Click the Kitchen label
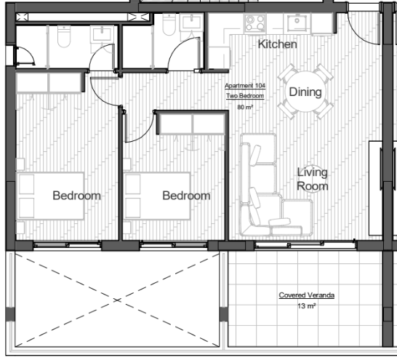coord(277,44)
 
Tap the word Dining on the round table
coord(305,92)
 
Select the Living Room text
coord(313,179)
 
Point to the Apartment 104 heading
coord(245,86)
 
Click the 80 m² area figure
coord(245,107)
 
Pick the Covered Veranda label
coord(307,295)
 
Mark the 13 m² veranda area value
coord(307,306)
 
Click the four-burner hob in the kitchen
coord(255,23)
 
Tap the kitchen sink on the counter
coord(297,23)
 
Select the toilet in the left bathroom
coord(64,36)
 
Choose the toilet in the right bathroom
coord(169,25)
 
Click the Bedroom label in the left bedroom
coord(77,196)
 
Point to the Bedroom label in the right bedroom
coord(186,196)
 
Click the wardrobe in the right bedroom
coord(192,124)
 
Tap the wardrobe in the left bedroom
coord(49,83)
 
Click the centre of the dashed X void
coord(117,300)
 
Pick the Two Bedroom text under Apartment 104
coord(245,96)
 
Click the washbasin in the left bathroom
coord(102,34)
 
